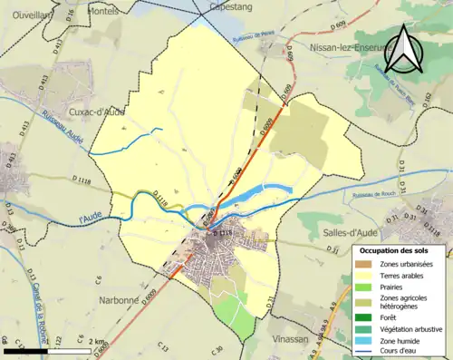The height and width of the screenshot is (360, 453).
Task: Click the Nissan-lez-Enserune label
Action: point(350,46)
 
